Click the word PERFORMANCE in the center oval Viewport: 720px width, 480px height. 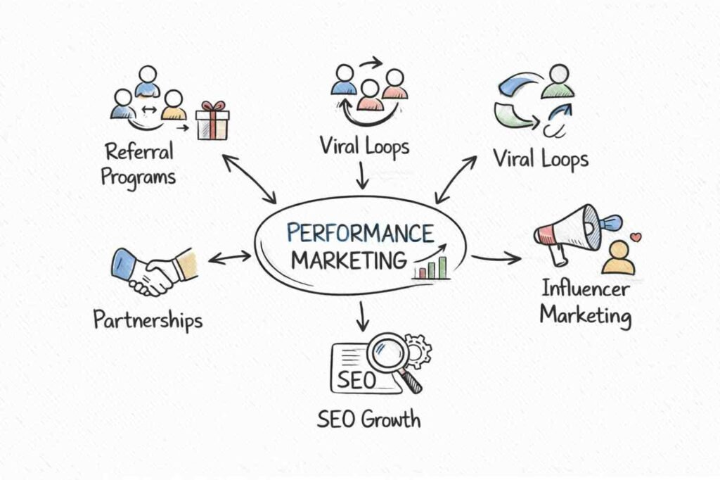point(361,234)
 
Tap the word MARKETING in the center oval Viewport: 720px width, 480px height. point(349,259)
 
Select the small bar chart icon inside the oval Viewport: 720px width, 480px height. point(431,267)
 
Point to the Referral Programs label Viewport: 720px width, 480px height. point(139,163)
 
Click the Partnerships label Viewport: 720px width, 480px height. point(148,320)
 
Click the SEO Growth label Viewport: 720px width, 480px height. point(368,420)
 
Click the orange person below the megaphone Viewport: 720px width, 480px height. point(619,258)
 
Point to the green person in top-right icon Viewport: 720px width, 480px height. point(558,82)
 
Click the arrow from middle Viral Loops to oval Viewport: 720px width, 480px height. point(362,175)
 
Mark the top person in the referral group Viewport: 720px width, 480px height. point(148,80)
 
